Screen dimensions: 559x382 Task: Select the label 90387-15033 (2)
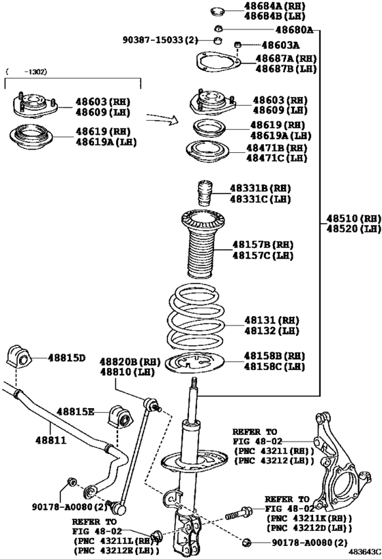pos(160,41)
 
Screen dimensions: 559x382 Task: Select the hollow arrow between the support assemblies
pos(164,119)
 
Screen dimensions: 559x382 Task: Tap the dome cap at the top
pos(218,11)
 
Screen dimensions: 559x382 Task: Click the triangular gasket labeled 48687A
pos(218,62)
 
